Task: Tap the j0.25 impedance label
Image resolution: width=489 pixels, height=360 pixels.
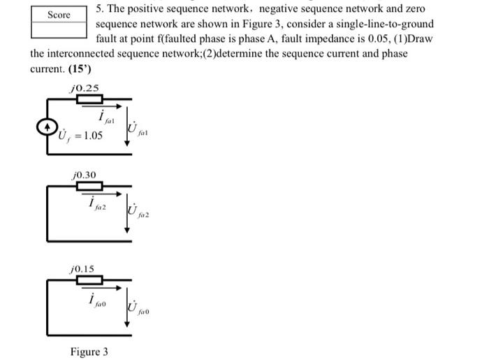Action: [x=85, y=88]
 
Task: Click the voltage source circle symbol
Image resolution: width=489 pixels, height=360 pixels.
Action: [x=47, y=127]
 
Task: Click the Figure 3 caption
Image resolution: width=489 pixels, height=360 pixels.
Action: [x=89, y=351]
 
